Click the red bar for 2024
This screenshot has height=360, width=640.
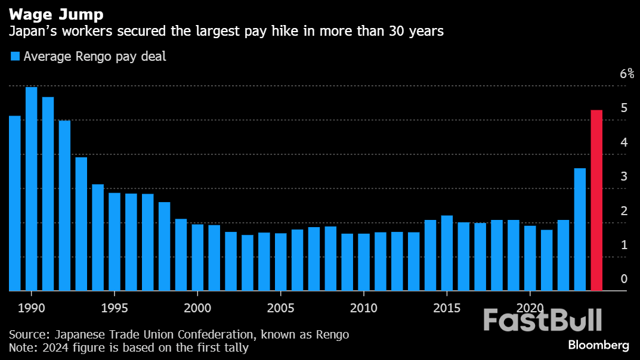point(596,200)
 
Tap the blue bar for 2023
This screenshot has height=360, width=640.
point(580,229)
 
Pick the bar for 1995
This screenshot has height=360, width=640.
point(115,242)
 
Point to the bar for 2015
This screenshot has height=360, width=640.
point(447,253)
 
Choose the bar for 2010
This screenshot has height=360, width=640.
point(364,262)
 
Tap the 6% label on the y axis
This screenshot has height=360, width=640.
point(627,74)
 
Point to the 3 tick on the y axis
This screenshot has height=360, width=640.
point(624,176)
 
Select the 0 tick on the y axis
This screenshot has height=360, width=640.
point(624,279)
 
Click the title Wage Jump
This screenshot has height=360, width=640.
point(51,13)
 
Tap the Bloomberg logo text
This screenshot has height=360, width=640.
point(598,345)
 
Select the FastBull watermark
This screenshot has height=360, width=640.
point(542,320)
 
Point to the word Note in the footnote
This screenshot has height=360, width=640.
point(21,347)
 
